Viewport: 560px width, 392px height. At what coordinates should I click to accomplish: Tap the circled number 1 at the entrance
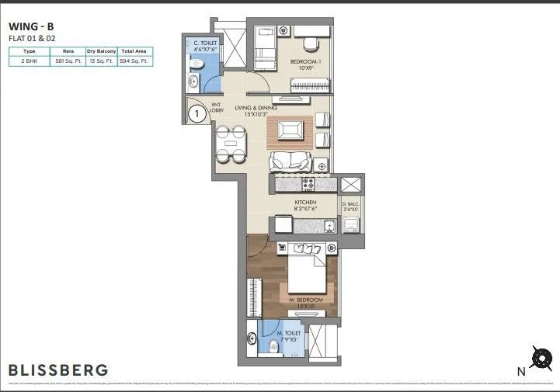tap(198, 114)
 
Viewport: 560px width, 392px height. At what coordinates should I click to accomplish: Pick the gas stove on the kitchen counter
tap(311, 185)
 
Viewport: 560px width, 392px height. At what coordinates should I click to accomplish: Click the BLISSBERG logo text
tap(58, 369)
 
